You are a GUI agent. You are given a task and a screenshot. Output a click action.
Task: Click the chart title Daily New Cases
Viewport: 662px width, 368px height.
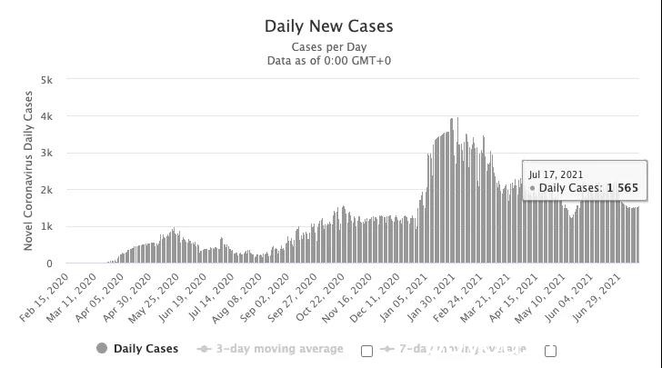[x=329, y=25]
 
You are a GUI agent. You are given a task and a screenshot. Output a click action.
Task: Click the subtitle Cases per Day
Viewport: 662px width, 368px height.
[x=329, y=46]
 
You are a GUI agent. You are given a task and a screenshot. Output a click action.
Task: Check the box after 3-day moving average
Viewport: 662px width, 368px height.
[x=367, y=351]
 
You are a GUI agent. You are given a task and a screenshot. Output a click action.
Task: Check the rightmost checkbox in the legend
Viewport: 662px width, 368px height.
[x=550, y=351]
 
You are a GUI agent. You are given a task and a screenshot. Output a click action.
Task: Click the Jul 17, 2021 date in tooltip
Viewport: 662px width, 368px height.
[x=557, y=174]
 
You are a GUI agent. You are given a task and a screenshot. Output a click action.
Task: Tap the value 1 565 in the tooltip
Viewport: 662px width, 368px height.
[x=623, y=188]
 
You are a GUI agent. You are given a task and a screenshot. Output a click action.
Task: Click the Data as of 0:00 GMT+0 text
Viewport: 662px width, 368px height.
[x=329, y=61]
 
